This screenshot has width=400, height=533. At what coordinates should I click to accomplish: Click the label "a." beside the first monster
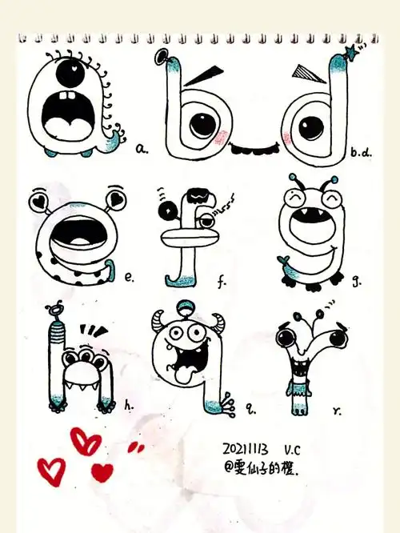tap(142, 148)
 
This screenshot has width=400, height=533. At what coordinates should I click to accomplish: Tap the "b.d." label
tap(360, 150)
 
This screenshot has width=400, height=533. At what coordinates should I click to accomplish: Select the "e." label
tap(130, 279)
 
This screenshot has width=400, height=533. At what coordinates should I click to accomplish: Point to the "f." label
tap(222, 281)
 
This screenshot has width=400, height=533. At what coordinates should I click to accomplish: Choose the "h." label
tap(129, 406)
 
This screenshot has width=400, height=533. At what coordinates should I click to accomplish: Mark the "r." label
tap(338, 411)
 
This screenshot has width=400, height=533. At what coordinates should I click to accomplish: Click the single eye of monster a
tap(67, 69)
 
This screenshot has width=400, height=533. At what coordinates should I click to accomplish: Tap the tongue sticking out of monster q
tap(182, 370)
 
